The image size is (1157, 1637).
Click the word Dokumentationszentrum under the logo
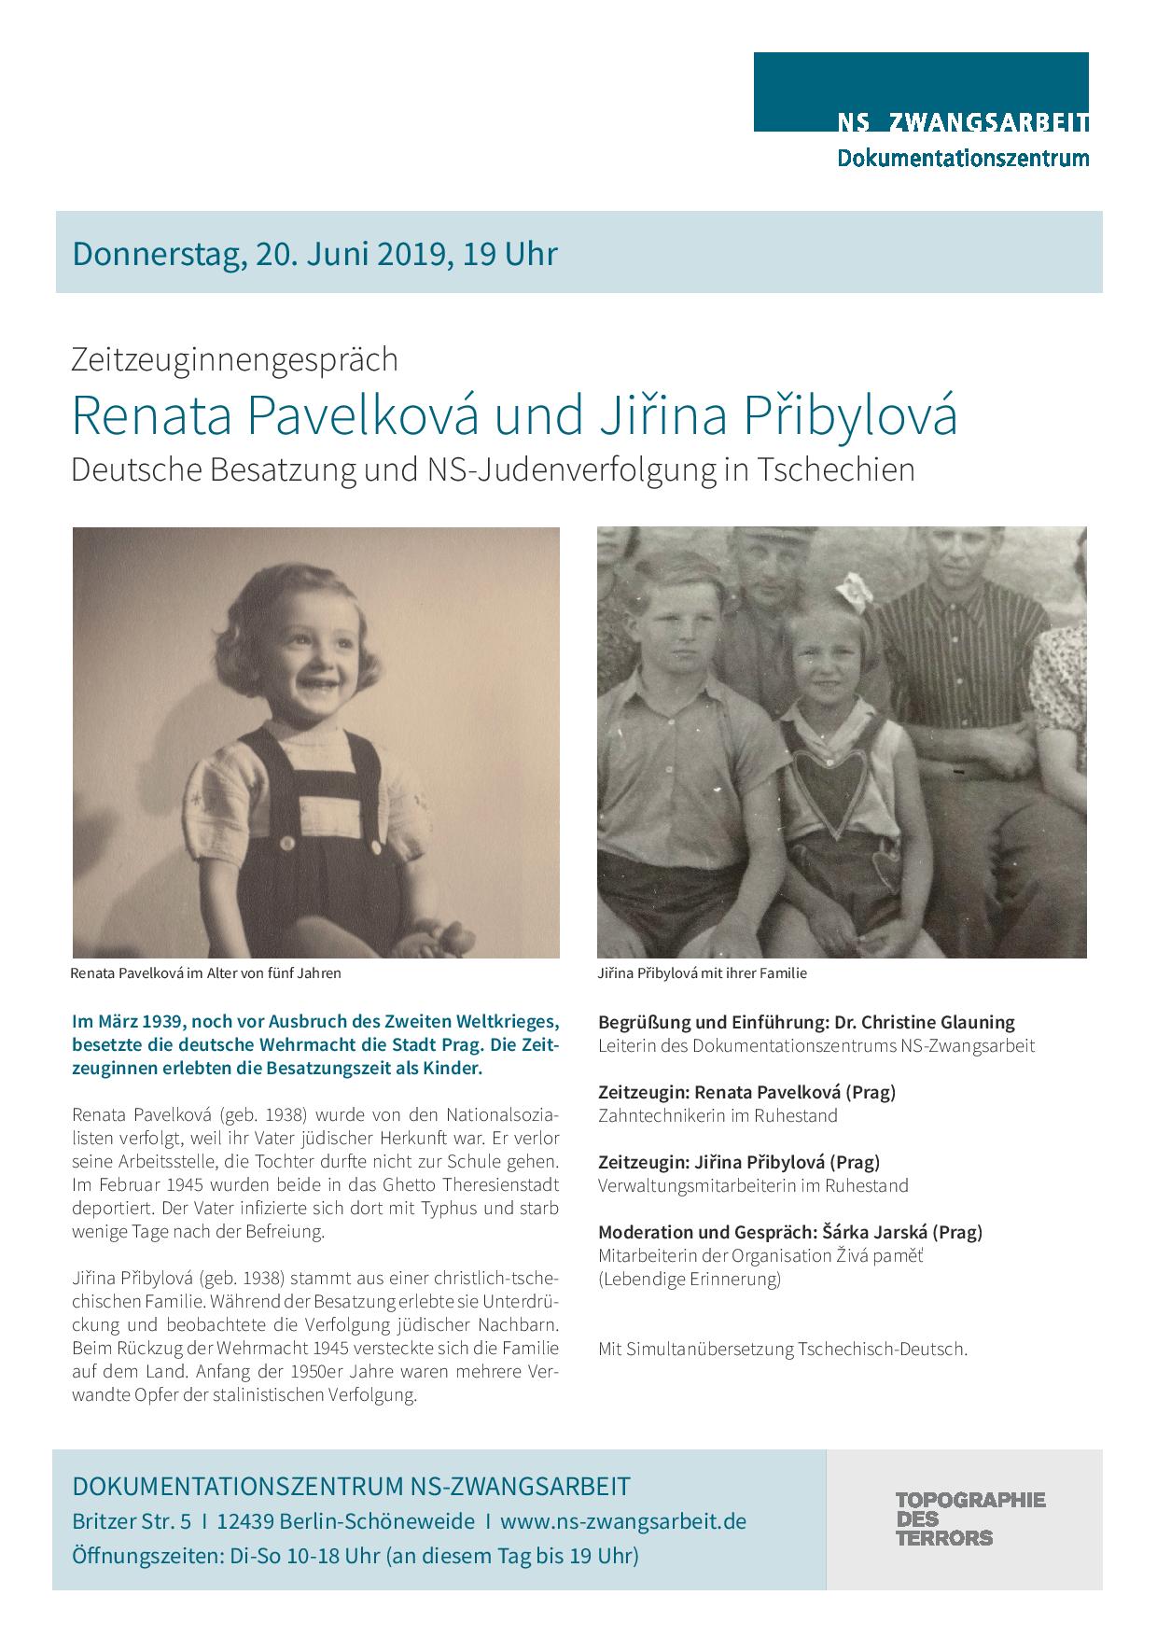pos(962,158)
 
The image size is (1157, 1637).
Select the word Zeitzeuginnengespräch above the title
pos(234,359)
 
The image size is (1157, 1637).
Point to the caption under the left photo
pos(205,972)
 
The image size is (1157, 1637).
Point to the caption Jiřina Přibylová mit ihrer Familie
pos(702,972)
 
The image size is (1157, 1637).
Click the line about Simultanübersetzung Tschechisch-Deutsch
pos(782,1349)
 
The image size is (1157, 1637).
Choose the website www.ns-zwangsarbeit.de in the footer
pos(623,1521)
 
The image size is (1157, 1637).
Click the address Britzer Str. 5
pos(132,1521)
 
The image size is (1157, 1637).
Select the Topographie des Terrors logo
pos(969,1518)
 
